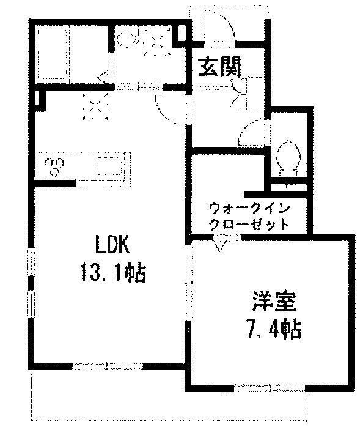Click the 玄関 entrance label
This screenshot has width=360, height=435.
[x=220, y=67]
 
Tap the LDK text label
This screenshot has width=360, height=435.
[x=112, y=244]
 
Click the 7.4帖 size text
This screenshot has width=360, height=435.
[x=274, y=329]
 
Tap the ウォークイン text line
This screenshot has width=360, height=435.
[x=249, y=209]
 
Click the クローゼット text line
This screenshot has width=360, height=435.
[x=249, y=225]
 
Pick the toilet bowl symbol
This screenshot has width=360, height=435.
[x=288, y=157]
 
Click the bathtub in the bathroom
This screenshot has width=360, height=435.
[x=53, y=54]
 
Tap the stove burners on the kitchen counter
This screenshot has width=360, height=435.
[x=54, y=166]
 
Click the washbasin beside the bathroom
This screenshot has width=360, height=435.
[x=128, y=40]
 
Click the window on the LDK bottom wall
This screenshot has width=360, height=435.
[x=108, y=366]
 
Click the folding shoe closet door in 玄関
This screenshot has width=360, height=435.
[x=239, y=93]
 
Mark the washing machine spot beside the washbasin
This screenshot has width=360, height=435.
[x=156, y=42]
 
